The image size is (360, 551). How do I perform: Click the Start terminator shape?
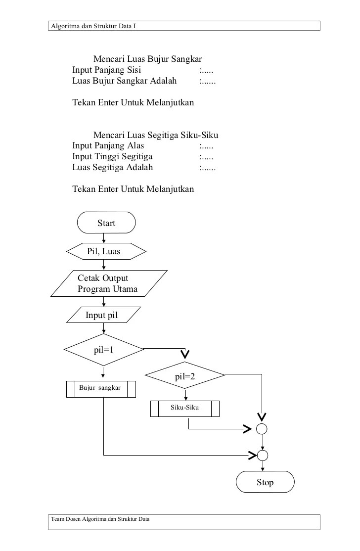(x=106, y=223)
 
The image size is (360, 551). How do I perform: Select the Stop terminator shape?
(x=265, y=482)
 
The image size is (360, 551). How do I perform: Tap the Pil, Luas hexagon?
(x=106, y=251)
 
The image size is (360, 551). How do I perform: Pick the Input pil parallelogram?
(x=103, y=315)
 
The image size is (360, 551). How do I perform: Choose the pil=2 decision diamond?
(x=185, y=376)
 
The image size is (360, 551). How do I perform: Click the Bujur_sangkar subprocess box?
(x=101, y=389)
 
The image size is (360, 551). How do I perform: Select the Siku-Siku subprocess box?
(x=185, y=408)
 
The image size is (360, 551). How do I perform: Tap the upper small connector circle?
(x=262, y=428)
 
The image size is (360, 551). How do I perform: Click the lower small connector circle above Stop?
(x=262, y=455)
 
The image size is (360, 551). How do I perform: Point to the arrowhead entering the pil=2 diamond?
(x=185, y=354)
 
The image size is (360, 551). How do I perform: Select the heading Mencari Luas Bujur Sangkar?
(x=147, y=60)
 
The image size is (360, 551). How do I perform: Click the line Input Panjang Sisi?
(x=107, y=70)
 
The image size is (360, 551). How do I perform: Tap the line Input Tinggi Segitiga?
(x=112, y=156)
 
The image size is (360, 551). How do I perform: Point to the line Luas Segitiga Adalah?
(x=113, y=167)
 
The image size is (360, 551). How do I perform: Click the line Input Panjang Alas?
(x=108, y=146)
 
